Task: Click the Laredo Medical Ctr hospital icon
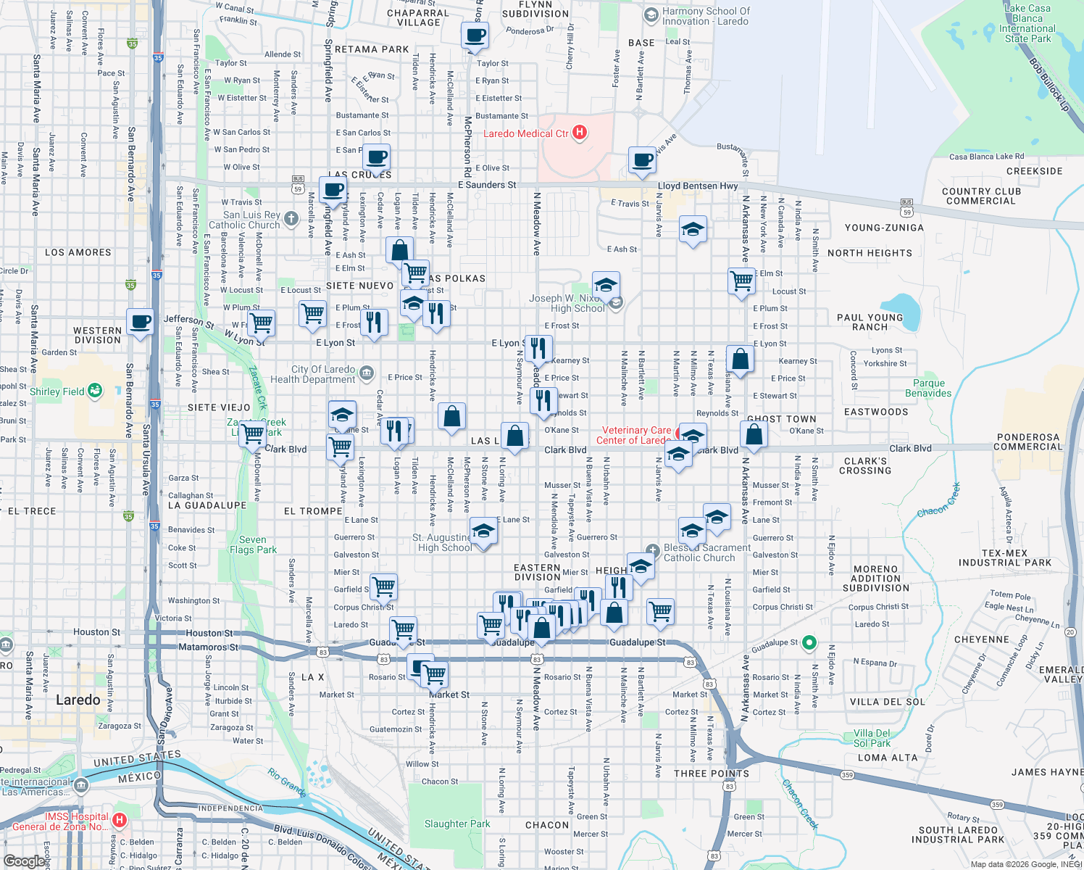[x=579, y=133]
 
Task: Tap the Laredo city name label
[x=78, y=700]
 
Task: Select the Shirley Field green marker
[x=95, y=391]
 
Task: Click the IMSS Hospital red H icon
[x=120, y=821]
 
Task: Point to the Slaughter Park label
[x=457, y=824]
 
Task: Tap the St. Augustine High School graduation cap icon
[x=483, y=531]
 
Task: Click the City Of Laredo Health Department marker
[x=367, y=373]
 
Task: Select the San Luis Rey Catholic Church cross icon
[x=291, y=219]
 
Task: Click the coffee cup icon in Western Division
[x=141, y=321]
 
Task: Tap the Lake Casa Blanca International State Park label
[x=1027, y=23]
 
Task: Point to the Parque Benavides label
[x=928, y=388]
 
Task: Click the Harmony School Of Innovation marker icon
[x=651, y=15]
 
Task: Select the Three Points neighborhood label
[x=712, y=774]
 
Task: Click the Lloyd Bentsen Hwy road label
[x=698, y=186]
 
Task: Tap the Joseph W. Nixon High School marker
[x=615, y=303]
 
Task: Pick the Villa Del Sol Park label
[x=872, y=738]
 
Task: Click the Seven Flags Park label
[x=253, y=544]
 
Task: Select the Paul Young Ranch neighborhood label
[x=870, y=322]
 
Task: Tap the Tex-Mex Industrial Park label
[x=1004, y=558]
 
